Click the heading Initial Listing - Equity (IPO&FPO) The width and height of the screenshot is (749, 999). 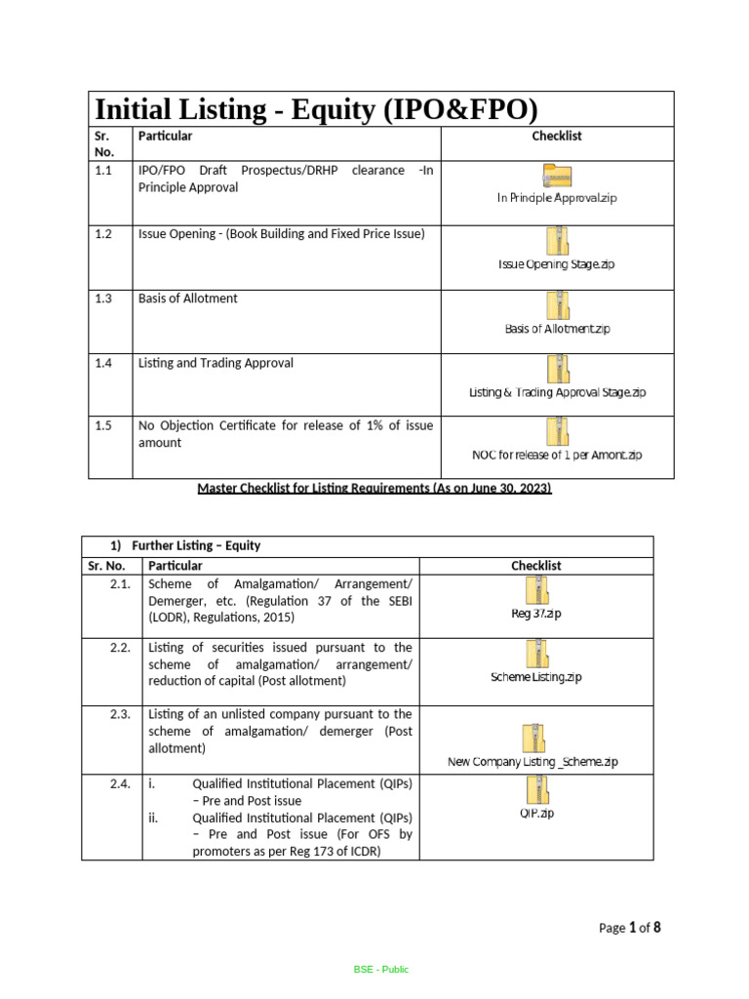click(315, 109)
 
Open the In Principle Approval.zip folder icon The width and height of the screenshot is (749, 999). click(557, 176)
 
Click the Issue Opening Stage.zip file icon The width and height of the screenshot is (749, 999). click(557, 240)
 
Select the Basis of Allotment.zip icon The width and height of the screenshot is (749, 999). click(557, 304)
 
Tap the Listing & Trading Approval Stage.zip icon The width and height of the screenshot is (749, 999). click(557, 369)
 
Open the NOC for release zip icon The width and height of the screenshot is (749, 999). click(557, 431)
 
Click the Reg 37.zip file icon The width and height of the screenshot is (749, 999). click(535, 590)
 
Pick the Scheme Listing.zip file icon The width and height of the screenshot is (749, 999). click(535, 654)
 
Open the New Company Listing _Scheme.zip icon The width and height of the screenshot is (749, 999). click(532, 738)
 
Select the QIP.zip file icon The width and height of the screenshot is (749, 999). click(535, 789)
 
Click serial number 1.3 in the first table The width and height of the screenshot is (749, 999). click(103, 299)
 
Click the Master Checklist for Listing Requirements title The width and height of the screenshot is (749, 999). click(374, 488)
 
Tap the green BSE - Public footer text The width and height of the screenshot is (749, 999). click(381, 969)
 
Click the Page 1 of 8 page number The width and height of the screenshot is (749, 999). click(629, 928)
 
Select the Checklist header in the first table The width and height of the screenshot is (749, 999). click(557, 137)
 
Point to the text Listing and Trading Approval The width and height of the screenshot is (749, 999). click(216, 363)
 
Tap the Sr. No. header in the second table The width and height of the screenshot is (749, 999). click(108, 566)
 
